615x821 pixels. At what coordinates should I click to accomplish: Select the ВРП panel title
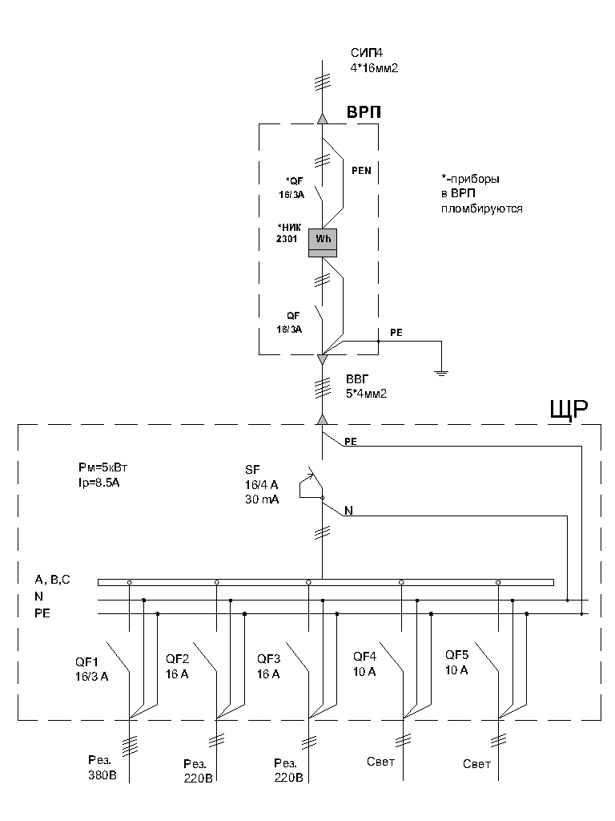[363, 113]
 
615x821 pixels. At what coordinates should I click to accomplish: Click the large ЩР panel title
[569, 410]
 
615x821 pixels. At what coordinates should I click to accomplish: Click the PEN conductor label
[362, 171]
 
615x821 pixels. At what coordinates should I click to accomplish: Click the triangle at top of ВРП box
[322, 119]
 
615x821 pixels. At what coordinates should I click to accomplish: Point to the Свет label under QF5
[476, 764]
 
